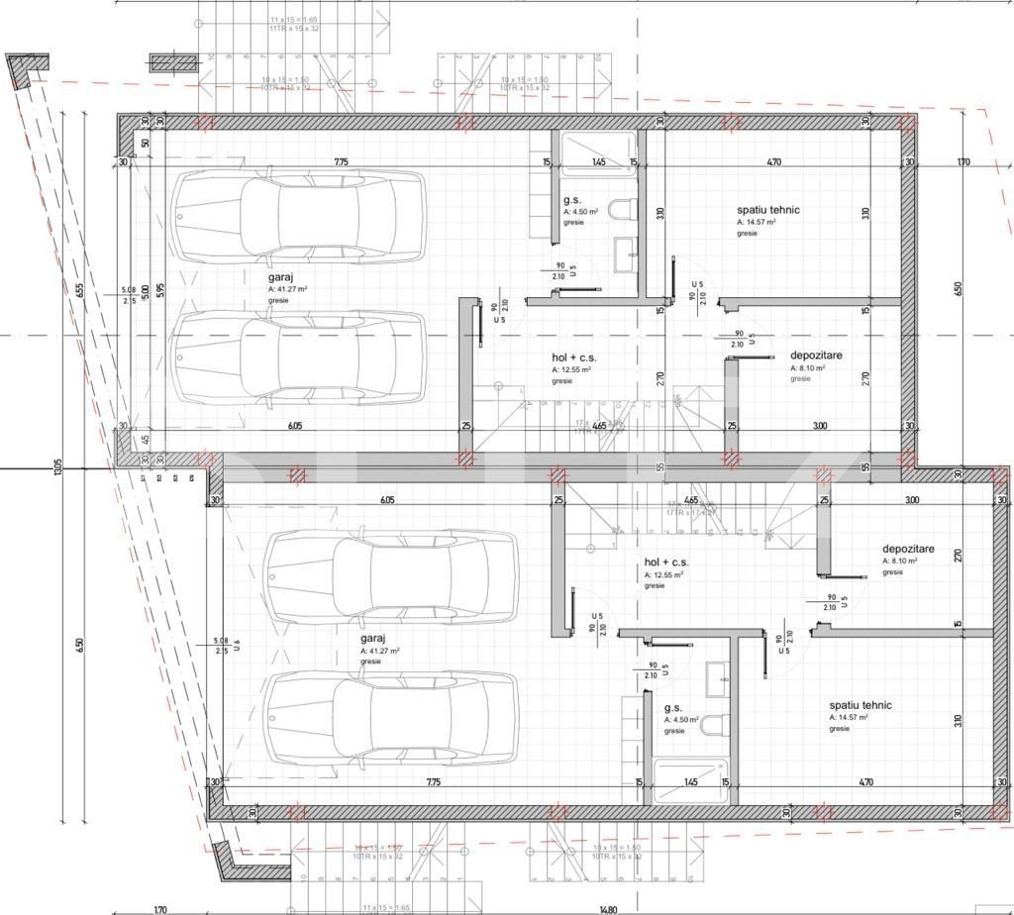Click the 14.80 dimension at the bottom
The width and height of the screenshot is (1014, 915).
[x=607, y=909]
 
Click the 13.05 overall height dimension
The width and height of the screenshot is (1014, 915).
[x=57, y=465]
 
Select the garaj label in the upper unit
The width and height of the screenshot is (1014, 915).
[x=278, y=276]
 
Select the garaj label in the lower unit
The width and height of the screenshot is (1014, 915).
[x=372, y=640]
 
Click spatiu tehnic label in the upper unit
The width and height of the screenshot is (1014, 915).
[x=767, y=210]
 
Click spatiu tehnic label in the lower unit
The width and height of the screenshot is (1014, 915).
[x=861, y=705]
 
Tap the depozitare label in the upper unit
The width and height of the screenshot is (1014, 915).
[x=816, y=356]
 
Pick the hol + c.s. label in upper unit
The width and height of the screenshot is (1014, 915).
[x=574, y=356]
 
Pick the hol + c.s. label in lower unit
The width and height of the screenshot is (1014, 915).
[x=666, y=561]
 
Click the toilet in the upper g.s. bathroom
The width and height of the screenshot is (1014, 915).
[x=622, y=209]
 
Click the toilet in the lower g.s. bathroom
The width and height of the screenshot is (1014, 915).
[x=714, y=726]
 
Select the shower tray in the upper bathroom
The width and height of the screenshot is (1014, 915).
[x=598, y=154]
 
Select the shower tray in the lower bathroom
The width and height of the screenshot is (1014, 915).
[x=690, y=779]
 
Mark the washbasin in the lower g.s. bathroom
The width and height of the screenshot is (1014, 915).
[x=717, y=679]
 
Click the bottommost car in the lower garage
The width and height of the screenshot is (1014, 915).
[x=392, y=717]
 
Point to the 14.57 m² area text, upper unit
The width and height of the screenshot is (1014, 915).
[x=757, y=223]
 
